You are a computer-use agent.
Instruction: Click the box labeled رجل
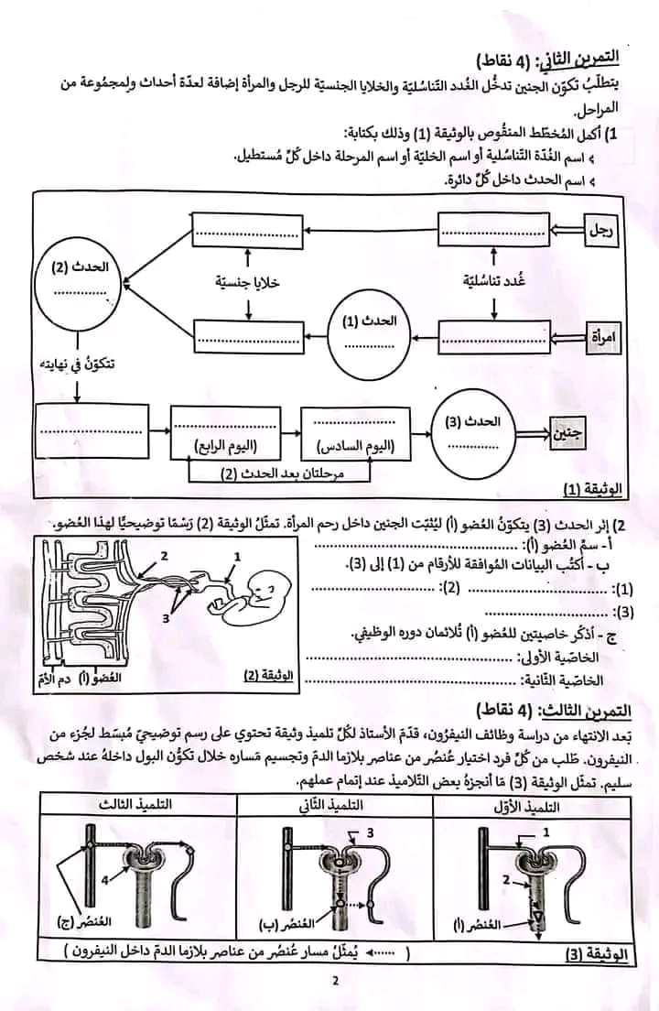pos(602,231)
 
